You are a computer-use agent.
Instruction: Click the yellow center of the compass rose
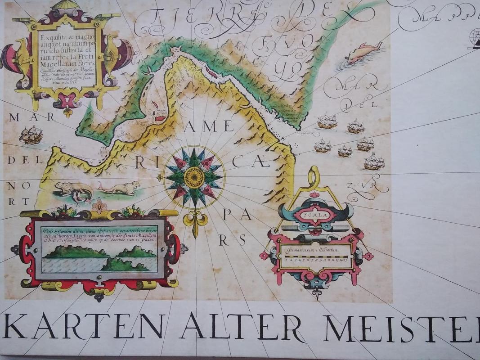tap(194, 177)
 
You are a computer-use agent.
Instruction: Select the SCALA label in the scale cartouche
tap(315, 216)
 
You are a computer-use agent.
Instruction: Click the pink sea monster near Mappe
tap(363, 52)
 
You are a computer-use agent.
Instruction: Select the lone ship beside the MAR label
tap(31, 135)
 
